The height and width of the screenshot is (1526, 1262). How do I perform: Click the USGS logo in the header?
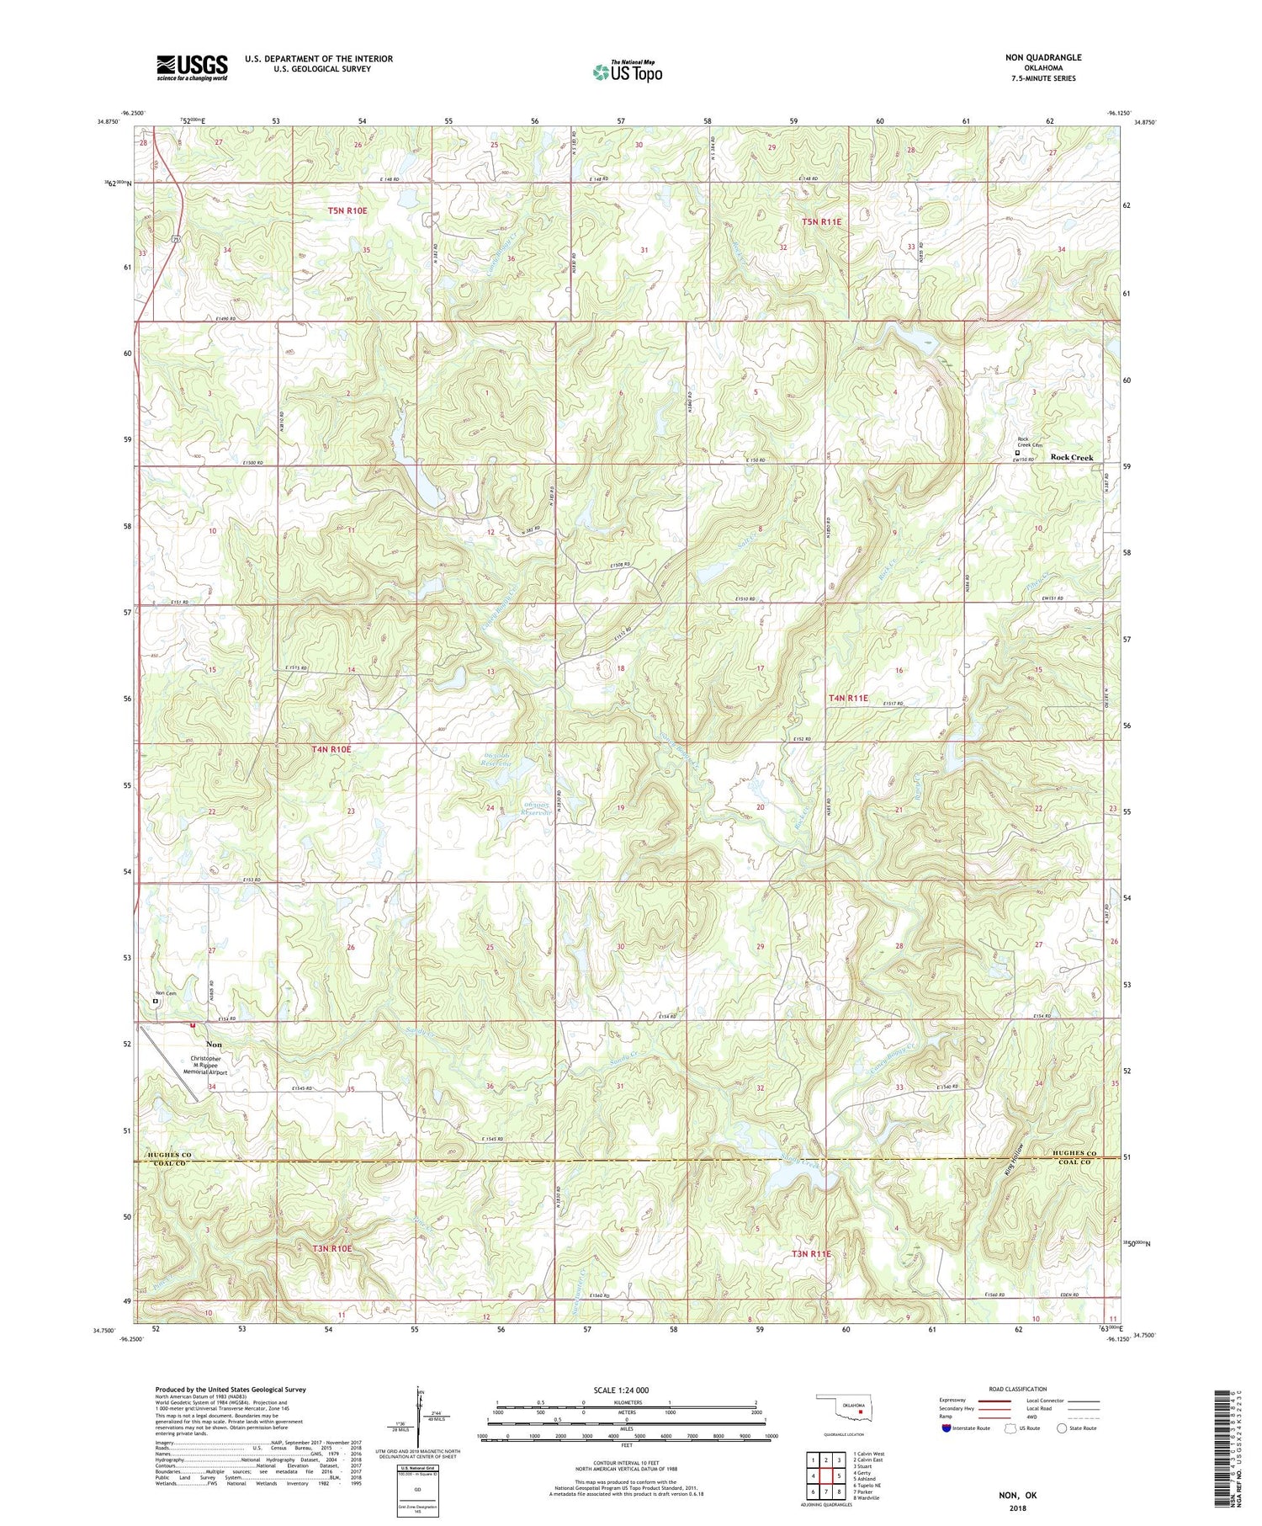point(192,67)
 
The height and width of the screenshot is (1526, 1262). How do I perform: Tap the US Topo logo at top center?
point(627,72)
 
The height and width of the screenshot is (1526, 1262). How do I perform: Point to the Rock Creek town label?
point(1071,457)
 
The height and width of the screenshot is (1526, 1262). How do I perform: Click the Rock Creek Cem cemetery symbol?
point(1017,452)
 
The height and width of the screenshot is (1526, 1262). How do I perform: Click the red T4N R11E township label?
point(847,698)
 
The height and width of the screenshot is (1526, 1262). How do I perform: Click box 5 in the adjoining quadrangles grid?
point(839,1475)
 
